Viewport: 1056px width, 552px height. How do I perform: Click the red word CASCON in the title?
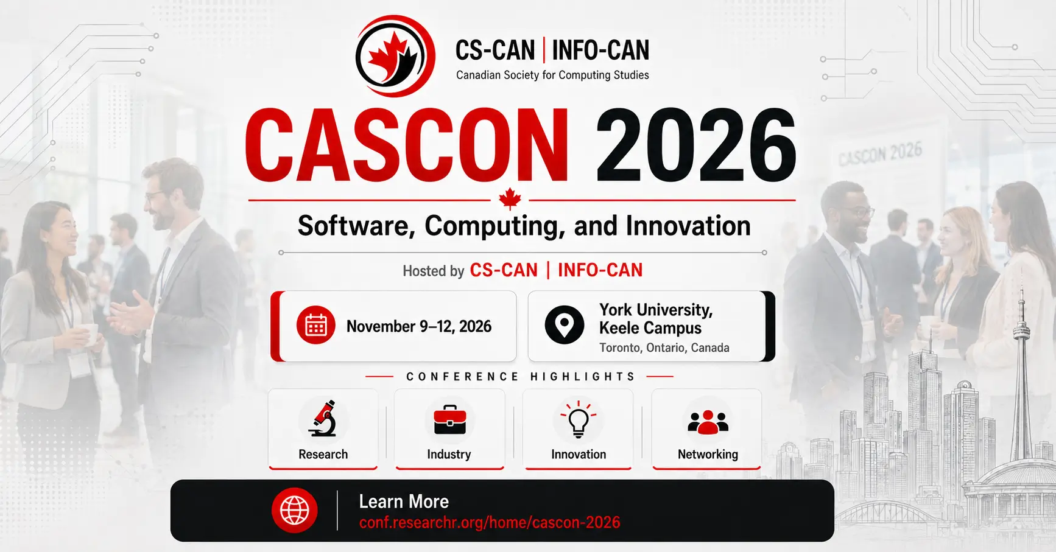(407, 146)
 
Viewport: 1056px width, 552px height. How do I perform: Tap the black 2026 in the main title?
(695, 146)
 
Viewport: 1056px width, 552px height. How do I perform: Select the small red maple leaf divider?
(510, 199)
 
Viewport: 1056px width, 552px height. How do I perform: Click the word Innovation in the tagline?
(688, 226)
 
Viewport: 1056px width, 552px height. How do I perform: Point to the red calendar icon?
(315, 326)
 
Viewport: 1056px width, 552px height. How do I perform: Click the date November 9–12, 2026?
(419, 327)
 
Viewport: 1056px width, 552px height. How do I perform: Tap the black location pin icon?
(565, 325)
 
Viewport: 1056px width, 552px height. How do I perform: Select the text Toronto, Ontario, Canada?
(664, 348)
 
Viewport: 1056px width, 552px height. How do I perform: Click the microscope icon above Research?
(323, 418)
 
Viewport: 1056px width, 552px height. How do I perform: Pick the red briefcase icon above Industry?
(450, 419)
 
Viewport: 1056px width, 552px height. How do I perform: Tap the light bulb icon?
(579, 419)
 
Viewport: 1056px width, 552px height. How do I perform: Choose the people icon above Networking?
(708, 422)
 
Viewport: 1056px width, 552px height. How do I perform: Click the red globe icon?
(295, 510)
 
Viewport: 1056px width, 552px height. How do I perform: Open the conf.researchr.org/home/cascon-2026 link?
(490, 522)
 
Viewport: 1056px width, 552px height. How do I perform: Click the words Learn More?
(404, 501)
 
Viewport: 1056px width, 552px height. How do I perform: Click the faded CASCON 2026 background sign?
(880, 153)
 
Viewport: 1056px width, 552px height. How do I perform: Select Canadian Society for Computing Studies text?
(552, 75)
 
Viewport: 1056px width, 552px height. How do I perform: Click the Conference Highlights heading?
(521, 377)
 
